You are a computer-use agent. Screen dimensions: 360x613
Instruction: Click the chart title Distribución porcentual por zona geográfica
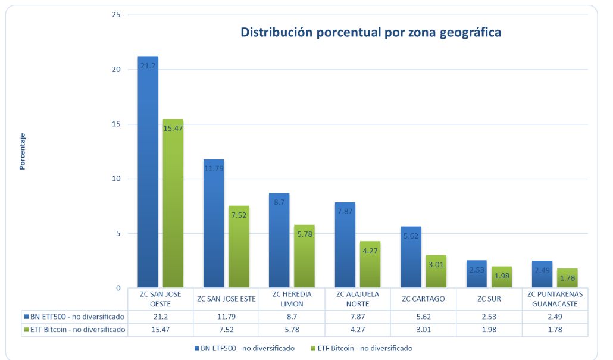click(370, 32)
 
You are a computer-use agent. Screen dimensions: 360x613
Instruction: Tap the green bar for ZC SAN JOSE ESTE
click(239, 247)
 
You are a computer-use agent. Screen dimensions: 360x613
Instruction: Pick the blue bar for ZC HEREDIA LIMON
click(279, 240)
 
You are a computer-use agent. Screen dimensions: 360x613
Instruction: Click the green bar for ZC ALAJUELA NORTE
click(370, 265)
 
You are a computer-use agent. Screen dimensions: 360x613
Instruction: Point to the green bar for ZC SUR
click(502, 277)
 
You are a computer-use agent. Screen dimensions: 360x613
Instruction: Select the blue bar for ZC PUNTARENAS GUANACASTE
click(542, 274)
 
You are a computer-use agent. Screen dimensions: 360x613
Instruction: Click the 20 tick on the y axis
click(116, 70)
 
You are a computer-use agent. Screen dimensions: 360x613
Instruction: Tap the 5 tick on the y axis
click(118, 233)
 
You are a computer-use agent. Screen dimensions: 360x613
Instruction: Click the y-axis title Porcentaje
click(23, 151)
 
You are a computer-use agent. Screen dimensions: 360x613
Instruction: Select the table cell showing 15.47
click(160, 329)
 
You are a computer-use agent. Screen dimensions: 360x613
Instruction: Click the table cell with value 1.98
click(489, 329)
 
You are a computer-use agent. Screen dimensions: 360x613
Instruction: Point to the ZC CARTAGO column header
click(423, 299)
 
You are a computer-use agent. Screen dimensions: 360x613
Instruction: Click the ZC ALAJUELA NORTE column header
click(357, 299)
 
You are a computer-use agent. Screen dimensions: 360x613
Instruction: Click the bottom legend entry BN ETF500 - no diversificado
click(245, 348)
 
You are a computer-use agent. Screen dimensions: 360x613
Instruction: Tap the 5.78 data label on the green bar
click(304, 234)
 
